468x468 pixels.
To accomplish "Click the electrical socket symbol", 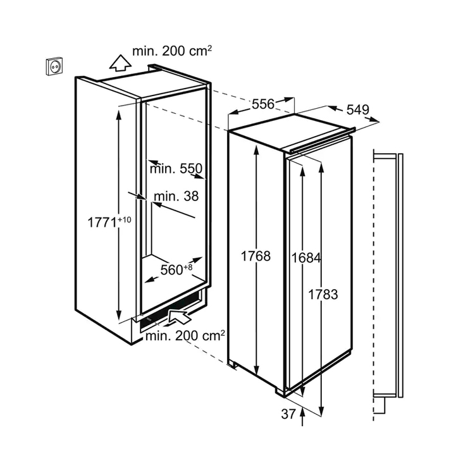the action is coord(54,66).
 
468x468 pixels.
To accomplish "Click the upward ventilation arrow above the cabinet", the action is coord(120,63).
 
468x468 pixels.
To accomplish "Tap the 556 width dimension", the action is coord(263,104).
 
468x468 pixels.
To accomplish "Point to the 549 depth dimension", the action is coord(357,110).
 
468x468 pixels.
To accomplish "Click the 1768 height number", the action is coord(256,256).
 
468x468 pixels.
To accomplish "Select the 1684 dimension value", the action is coord(306,258).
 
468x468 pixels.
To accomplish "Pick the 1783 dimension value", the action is coord(323,295).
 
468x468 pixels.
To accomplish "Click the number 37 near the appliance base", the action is coord(288,414).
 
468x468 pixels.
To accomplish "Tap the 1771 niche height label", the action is coord(102,223).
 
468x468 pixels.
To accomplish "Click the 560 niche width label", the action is coord(171,270).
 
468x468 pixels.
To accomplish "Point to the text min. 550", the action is coord(176,169).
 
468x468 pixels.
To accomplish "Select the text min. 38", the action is coord(176,197).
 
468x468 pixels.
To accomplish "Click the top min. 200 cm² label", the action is coord(172,51).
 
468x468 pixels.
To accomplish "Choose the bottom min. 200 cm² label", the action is coord(185,336).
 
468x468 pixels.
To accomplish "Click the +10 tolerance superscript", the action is coord(125,219).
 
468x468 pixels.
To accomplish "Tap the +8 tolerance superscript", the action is coord(188,267).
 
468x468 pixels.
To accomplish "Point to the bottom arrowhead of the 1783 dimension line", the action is coord(321,410).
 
